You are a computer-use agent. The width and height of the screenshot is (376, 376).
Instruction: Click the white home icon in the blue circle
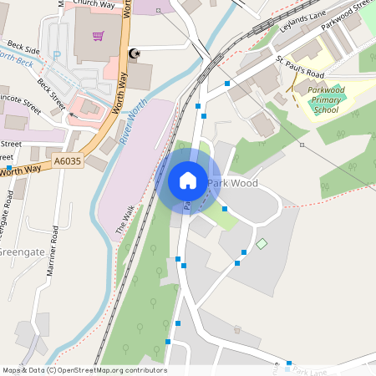coord(188,180)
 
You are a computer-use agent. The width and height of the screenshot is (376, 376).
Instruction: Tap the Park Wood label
coord(233,183)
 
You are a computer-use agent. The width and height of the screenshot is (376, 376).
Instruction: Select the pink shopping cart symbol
coord(99,37)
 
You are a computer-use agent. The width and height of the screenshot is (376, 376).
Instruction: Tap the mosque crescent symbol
coord(132,54)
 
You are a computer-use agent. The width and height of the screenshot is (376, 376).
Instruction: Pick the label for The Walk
coord(124,219)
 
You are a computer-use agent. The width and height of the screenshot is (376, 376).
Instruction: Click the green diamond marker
coord(262,243)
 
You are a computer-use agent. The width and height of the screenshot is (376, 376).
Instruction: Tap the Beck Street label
coord(51,94)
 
